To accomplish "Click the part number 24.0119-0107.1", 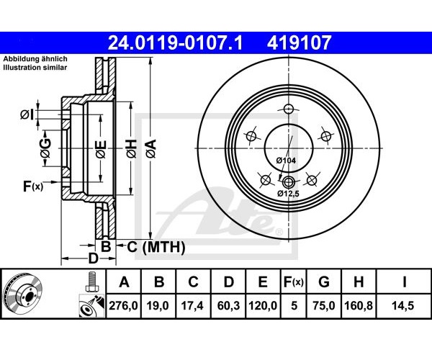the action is (x=175, y=42).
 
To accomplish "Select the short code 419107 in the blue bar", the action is (x=299, y=42).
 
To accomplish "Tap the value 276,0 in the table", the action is (x=123, y=306).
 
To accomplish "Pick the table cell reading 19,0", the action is (x=159, y=306).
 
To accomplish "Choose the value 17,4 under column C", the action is (x=193, y=306).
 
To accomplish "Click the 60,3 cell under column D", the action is (x=228, y=306).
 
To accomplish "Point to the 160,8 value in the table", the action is (x=359, y=306).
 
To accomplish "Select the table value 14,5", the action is (x=404, y=306).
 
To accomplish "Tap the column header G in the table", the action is (x=324, y=282).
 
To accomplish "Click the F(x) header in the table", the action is (x=294, y=282).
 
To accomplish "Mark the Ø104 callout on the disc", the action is (x=286, y=160).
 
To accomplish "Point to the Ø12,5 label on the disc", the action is (x=288, y=194).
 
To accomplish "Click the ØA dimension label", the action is (x=151, y=149).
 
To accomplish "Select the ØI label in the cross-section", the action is (x=27, y=114).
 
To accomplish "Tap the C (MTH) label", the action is (x=156, y=247).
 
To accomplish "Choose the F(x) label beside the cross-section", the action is (x=33, y=186).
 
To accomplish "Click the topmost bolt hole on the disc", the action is (x=288, y=109).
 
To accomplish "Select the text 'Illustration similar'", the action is (x=35, y=68).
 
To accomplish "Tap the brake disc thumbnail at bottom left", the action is (x=22, y=294).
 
